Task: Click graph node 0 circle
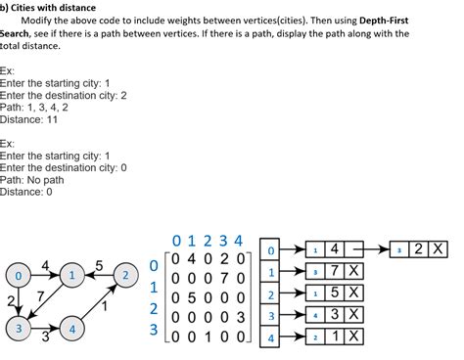coord(19,277)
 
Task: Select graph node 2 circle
coord(125,277)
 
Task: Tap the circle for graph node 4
coord(72,330)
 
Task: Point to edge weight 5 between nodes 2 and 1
coord(99,265)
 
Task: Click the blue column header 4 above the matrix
coord(236,241)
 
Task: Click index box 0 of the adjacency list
coord(272,249)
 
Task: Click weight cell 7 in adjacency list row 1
coord(335,271)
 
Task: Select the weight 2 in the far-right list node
coord(420,249)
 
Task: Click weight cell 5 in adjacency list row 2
coord(335,292)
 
